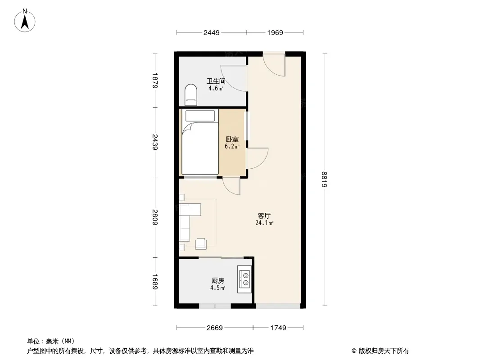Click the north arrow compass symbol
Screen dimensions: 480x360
(x=25, y=21)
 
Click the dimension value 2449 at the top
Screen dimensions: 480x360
(x=212, y=32)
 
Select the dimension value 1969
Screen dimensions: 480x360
(x=275, y=32)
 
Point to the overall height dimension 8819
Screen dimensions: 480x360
(x=325, y=180)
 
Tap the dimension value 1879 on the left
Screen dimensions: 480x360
(x=155, y=81)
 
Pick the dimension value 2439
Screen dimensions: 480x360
(x=155, y=142)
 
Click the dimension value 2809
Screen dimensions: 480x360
(x=155, y=217)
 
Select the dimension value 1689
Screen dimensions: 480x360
(x=155, y=282)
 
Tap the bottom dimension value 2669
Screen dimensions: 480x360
(x=215, y=328)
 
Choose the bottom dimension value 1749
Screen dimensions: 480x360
(x=278, y=328)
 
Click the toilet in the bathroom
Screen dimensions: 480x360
(x=191, y=95)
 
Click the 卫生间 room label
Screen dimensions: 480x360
(x=216, y=81)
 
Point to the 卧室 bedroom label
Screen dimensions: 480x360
(x=232, y=139)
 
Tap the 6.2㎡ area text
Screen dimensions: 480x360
(x=232, y=147)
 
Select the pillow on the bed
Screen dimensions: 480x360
(x=200, y=116)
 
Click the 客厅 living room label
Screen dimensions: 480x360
(x=264, y=216)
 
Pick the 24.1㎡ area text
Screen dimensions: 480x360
(x=264, y=223)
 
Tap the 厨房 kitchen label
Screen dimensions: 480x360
(x=218, y=280)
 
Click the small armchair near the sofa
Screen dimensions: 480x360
(x=201, y=243)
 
